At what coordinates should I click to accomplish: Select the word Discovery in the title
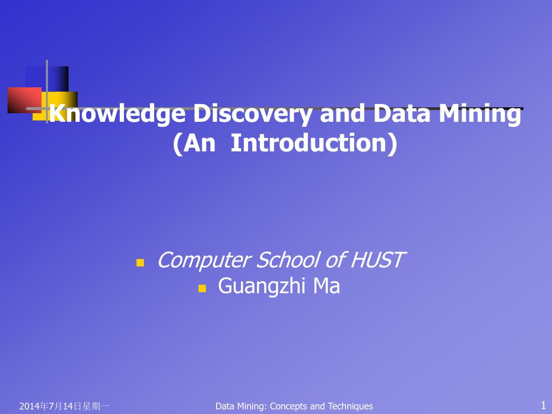[x=252, y=114]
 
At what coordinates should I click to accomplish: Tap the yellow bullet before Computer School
[x=140, y=263]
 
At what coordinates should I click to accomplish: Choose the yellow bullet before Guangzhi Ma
[x=202, y=288]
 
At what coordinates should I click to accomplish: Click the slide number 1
[x=543, y=405]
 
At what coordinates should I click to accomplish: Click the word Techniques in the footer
[x=350, y=406]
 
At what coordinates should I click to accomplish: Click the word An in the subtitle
[x=195, y=143]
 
